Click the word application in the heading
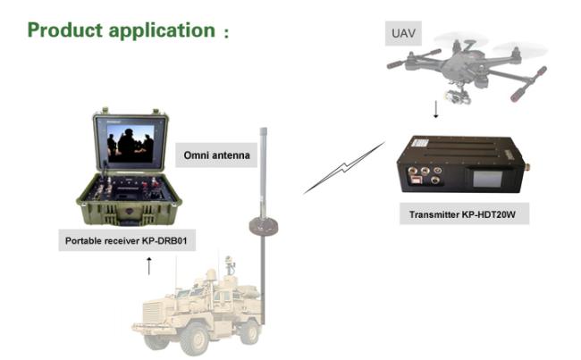(x=166, y=30)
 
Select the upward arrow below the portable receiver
(x=149, y=264)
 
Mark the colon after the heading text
(x=226, y=33)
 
